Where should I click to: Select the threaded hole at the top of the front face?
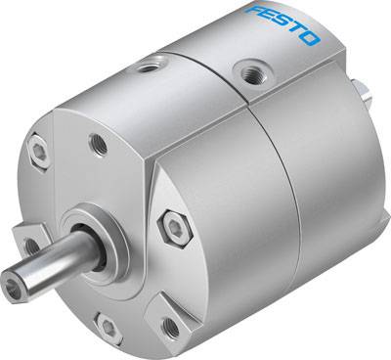[98, 144]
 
